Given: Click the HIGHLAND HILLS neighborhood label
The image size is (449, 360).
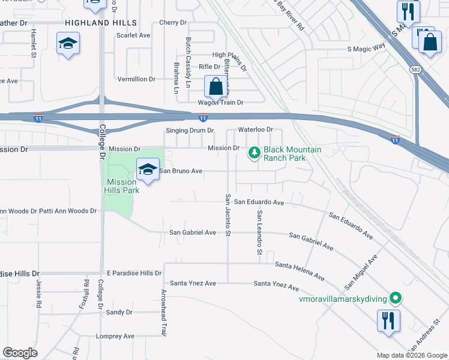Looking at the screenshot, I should (x=101, y=23).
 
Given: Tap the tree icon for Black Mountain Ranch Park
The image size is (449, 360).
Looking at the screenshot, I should (x=255, y=154).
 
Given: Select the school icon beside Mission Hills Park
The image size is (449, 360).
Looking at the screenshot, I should (x=148, y=170).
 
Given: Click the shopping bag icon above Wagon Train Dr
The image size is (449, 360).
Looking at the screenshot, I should (x=215, y=86).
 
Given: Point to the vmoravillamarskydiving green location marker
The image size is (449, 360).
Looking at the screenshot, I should (x=395, y=297).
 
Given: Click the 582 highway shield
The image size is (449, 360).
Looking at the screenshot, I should (x=415, y=70).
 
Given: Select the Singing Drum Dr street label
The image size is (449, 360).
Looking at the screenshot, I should (x=190, y=130).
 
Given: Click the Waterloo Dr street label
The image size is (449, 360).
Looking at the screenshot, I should (x=255, y=130).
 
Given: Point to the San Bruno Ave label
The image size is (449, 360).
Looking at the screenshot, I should (x=180, y=171).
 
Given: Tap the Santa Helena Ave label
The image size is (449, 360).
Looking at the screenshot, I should (x=300, y=271).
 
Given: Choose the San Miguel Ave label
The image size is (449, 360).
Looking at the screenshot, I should (x=361, y=271).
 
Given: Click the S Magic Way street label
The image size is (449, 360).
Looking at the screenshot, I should (x=366, y=49).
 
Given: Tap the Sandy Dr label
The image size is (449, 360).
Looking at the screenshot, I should (x=119, y=312).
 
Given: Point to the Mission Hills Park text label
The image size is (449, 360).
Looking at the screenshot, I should (x=122, y=186).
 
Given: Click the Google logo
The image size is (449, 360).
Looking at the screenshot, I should (x=20, y=353).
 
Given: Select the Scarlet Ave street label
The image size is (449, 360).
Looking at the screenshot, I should (x=133, y=35).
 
